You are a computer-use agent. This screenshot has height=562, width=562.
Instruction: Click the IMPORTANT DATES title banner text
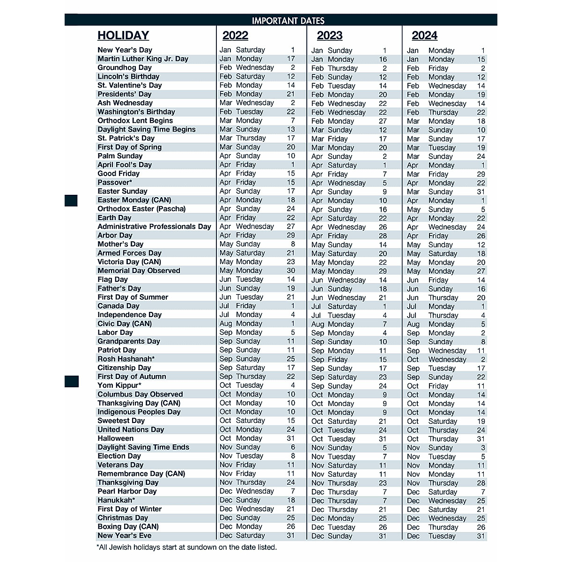click(x=288, y=21)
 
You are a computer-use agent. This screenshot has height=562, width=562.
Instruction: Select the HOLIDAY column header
click(x=123, y=36)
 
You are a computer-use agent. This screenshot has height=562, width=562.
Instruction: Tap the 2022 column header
click(x=235, y=36)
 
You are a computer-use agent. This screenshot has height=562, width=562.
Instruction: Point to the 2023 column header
click(x=330, y=36)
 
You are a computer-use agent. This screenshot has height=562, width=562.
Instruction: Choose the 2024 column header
click(x=424, y=36)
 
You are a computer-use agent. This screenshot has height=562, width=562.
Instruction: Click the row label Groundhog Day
click(x=125, y=67)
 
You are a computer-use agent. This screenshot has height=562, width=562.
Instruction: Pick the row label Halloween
click(x=115, y=438)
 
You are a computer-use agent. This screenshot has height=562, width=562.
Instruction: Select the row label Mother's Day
click(x=120, y=244)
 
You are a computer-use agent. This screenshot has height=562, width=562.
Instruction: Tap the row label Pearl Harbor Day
click(x=127, y=491)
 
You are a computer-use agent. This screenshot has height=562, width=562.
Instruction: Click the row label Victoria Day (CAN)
click(x=129, y=262)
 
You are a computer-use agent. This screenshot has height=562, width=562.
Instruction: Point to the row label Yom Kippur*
click(x=119, y=385)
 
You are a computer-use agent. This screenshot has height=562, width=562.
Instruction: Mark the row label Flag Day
click(x=112, y=280)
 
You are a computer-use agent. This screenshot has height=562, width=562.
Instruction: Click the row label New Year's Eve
click(x=125, y=535)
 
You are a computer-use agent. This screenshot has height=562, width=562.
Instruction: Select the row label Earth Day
click(x=114, y=218)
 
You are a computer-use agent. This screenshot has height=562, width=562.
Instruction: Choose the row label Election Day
click(x=119, y=456)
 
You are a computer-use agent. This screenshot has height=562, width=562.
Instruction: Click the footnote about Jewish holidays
click(x=186, y=547)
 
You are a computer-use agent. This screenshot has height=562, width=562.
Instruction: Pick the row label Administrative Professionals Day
click(x=154, y=227)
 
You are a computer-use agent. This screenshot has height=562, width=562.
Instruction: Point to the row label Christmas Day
click(x=123, y=518)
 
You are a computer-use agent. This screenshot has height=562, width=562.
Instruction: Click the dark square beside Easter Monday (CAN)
click(x=71, y=200)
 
